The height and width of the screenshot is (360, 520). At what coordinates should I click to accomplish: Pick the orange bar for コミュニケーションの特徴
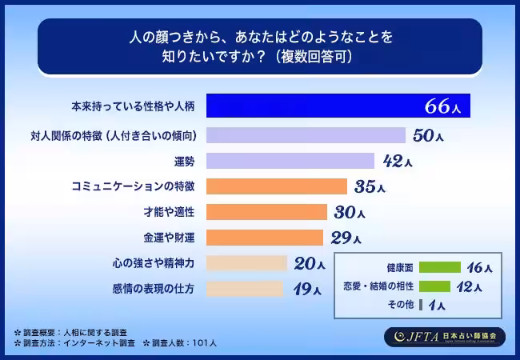pos(277,186)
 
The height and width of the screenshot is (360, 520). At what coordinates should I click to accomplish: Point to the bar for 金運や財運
pos(265,237)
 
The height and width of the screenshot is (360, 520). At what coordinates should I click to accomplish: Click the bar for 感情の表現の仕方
pos(245,288)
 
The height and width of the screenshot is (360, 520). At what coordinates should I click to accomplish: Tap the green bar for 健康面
pos(439,267)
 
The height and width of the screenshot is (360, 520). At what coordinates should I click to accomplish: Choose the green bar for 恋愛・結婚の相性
pos(434,286)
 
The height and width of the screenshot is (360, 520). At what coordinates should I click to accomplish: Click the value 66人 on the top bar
pos(443,106)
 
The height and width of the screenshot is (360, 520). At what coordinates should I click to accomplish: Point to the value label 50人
pos(428,135)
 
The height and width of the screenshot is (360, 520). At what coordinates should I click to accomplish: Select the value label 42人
pos(398,162)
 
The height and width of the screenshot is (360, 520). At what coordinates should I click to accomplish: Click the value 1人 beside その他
pos(437,305)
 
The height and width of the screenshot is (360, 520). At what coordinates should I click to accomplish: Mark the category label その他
pos(399,305)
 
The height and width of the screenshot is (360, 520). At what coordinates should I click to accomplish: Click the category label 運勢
pos(185,161)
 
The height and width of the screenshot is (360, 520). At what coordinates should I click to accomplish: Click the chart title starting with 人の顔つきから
pos(259,46)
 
